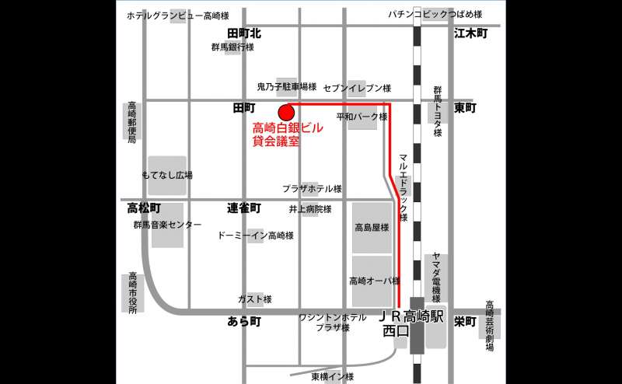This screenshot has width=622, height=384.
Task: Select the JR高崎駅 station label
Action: coord(411,317)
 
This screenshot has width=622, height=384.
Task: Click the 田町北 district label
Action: coord(244,33)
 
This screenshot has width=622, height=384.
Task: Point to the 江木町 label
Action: coord(470,33)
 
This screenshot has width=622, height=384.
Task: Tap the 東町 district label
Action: coord(464,107)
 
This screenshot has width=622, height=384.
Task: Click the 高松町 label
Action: coord(144,208)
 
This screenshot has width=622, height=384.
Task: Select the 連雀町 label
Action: coord(244,208)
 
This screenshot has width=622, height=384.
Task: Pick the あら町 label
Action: coord(244,321)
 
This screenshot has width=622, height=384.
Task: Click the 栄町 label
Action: coord(465,321)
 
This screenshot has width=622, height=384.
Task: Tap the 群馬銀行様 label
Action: coord(232,47)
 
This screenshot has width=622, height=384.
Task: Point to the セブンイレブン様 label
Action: coord(356,88)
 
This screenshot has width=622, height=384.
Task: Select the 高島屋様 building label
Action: coord(372,228)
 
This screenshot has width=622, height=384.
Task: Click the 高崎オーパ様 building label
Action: coord(373,281)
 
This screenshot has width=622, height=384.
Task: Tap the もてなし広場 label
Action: coord(167,175)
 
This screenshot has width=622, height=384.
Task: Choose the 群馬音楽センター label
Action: coord(167,225)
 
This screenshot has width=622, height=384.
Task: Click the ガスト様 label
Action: coord(254,299)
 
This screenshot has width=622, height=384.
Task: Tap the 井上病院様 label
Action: coord(310,209)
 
